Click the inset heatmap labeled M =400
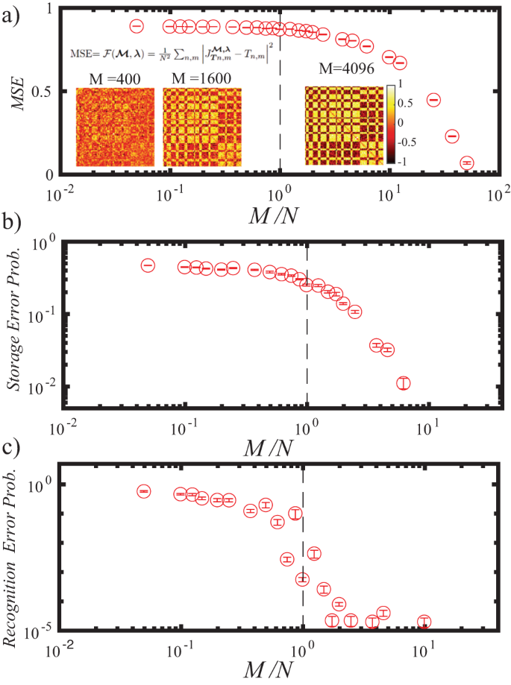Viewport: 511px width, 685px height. click(115, 127)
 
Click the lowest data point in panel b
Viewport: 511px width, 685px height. click(404, 382)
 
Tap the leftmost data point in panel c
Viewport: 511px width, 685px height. click(144, 491)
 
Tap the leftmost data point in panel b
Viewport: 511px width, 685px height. click(148, 265)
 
